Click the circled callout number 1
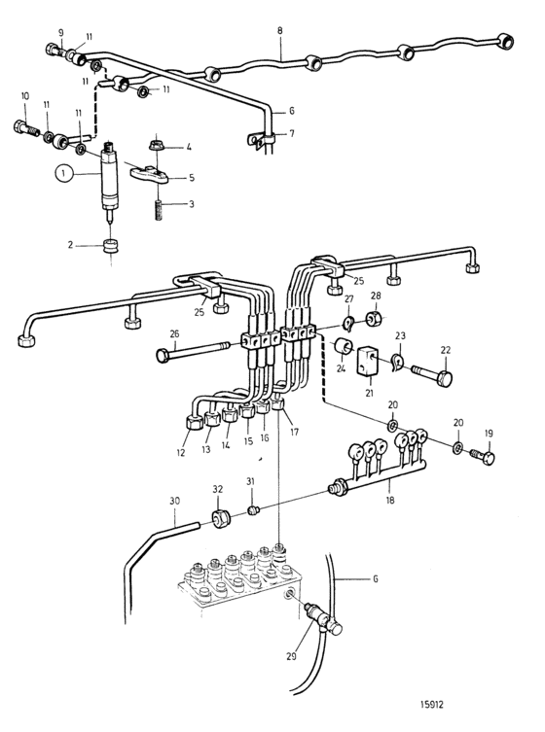[x=64, y=174]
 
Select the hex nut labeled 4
[x=156, y=147]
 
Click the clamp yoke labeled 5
[x=148, y=174]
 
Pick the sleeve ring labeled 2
[x=111, y=246]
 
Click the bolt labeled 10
[x=26, y=128]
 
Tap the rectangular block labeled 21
[x=368, y=361]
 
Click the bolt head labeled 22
[x=432, y=375]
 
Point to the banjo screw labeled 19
[x=483, y=457]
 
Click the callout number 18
[x=390, y=500]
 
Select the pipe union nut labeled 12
[x=193, y=423]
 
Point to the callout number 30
[x=174, y=501]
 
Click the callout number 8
[x=279, y=31]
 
